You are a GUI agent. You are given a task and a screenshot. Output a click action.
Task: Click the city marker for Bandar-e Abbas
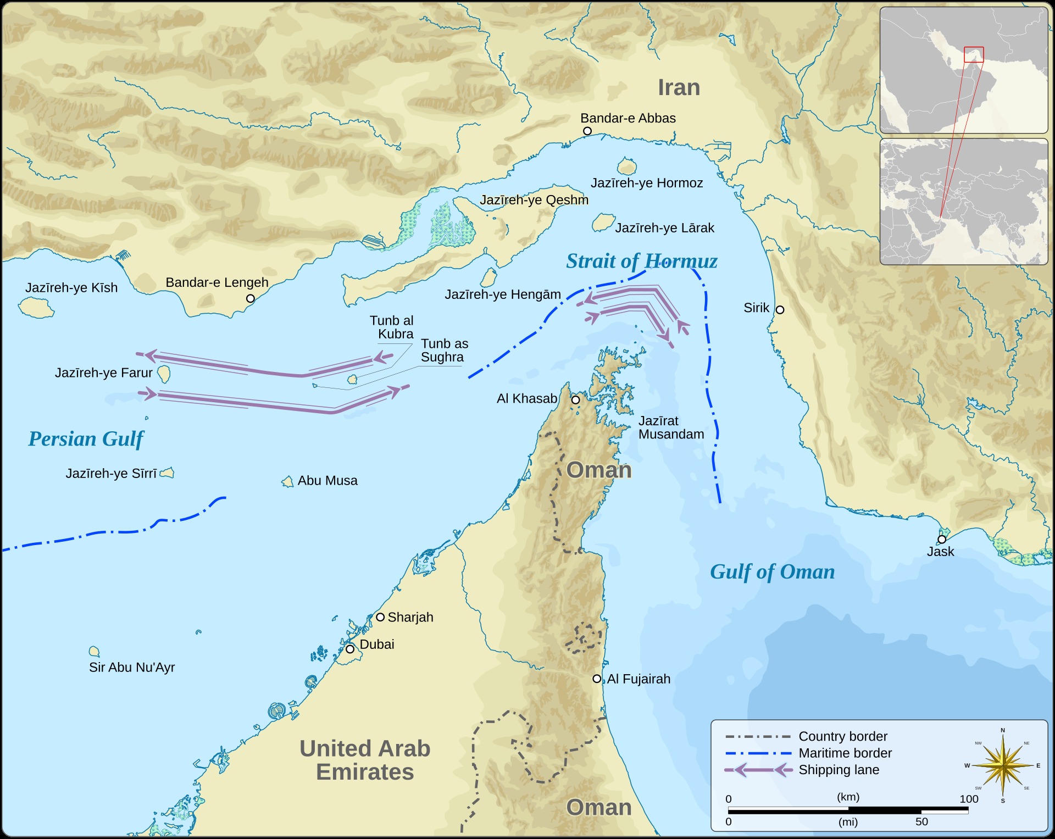[587, 131]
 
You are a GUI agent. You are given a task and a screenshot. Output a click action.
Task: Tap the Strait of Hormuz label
[641, 261]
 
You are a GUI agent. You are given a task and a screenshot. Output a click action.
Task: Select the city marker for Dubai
[350, 649]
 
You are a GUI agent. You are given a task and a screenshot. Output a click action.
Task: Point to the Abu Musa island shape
[287, 482]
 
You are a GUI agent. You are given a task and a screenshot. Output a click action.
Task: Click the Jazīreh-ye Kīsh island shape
[36, 307]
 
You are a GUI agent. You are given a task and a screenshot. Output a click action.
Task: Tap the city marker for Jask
[942, 539]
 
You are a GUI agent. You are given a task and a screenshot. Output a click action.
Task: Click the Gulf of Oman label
[772, 572]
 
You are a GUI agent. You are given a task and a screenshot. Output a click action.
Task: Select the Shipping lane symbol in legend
[758, 770]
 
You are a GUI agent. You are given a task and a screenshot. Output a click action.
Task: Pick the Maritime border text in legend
[845, 753]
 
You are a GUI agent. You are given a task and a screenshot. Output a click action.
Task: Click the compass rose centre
[1003, 765]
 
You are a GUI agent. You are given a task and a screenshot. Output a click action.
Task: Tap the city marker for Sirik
[780, 310]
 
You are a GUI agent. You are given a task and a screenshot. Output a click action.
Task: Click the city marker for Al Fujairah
[597, 679]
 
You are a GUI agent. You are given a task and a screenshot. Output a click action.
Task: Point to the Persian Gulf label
[86, 439]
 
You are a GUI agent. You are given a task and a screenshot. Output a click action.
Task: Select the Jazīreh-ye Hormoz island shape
[626, 166]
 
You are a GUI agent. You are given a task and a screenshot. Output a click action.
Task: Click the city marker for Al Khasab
[575, 400]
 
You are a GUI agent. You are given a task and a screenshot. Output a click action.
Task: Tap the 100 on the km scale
[969, 799]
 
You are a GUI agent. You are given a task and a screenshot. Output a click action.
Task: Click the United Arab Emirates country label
[365, 760]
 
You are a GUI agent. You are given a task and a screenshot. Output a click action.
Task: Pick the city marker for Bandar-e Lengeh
[251, 298]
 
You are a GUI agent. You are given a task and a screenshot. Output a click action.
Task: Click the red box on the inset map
[974, 54]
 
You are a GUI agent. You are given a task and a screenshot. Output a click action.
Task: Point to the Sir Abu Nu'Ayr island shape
[95, 652]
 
